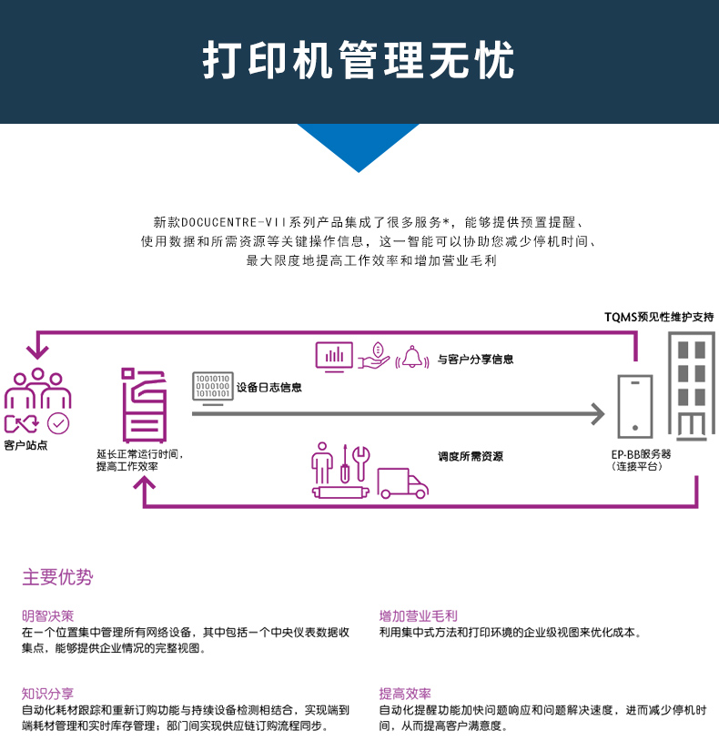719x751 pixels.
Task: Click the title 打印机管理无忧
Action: tap(359, 61)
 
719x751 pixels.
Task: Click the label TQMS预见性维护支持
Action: tap(659, 317)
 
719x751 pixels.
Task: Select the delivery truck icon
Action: tap(402, 483)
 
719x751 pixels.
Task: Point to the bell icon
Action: tap(413, 357)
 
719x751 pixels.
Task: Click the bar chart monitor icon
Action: tap(334, 357)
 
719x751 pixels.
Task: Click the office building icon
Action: tap(692, 386)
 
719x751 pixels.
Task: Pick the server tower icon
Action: tap(635, 406)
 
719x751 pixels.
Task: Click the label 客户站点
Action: tap(25, 445)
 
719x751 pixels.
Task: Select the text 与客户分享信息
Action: tap(475, 360)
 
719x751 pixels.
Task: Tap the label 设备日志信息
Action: tap(268, 388)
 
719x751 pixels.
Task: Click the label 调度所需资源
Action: tap(471, 456)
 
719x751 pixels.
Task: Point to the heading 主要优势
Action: tap(57, 577)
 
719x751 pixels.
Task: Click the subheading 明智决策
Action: tap(48, 616)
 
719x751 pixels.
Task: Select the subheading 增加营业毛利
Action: tap(418, 616)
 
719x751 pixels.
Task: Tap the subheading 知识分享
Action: tap(48, 693)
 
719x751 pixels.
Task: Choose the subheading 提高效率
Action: tap(405, 693)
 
